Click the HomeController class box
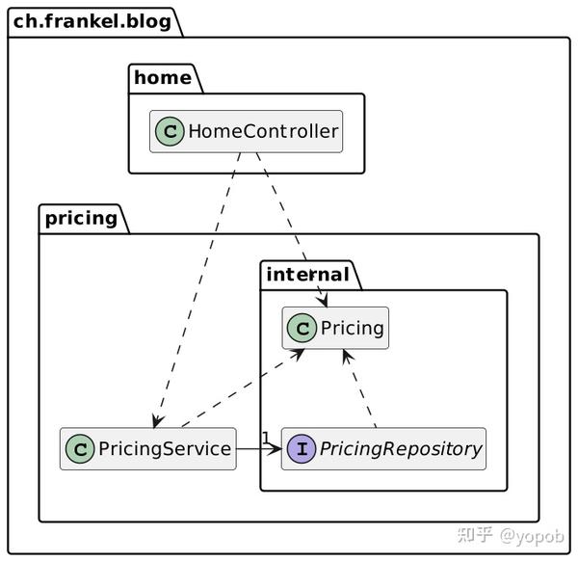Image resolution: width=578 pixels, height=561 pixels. (247, 132)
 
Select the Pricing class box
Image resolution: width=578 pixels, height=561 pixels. (335, 329)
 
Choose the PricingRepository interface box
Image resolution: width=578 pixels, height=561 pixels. (383, 448)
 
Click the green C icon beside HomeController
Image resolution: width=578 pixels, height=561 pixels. (171, 132)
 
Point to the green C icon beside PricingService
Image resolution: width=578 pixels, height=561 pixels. (79, 448)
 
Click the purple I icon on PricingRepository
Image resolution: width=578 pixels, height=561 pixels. (301, 448)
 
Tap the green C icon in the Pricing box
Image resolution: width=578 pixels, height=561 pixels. (302, 329)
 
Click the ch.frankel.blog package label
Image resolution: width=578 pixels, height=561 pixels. (92, 20)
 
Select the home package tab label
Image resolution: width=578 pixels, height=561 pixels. (162, 78)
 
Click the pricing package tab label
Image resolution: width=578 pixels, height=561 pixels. (80, 217)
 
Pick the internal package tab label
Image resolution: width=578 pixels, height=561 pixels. (307, 275)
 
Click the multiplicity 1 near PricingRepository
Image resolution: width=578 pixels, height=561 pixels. (266, 439)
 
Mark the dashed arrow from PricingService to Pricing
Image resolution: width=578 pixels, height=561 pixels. (241, 389)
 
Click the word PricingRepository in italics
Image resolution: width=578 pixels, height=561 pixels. (399, 448)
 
